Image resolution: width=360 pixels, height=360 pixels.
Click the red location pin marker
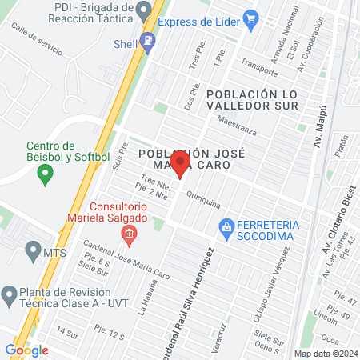point(180,166)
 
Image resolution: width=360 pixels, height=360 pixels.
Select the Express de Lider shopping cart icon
point(251,18)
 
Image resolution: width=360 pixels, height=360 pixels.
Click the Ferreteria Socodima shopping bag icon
point(227,227)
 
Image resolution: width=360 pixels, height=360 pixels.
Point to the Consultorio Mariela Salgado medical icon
point(127,234)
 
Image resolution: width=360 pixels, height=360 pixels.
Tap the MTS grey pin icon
point(33,252)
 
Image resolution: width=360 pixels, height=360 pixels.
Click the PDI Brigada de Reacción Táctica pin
point(144,10)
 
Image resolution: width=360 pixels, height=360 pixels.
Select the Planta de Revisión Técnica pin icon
point(9,293)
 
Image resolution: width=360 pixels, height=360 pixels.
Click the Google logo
point(26,350)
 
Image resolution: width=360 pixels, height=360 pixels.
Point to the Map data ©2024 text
point(324,353)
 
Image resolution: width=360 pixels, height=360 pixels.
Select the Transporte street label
point(258,73)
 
